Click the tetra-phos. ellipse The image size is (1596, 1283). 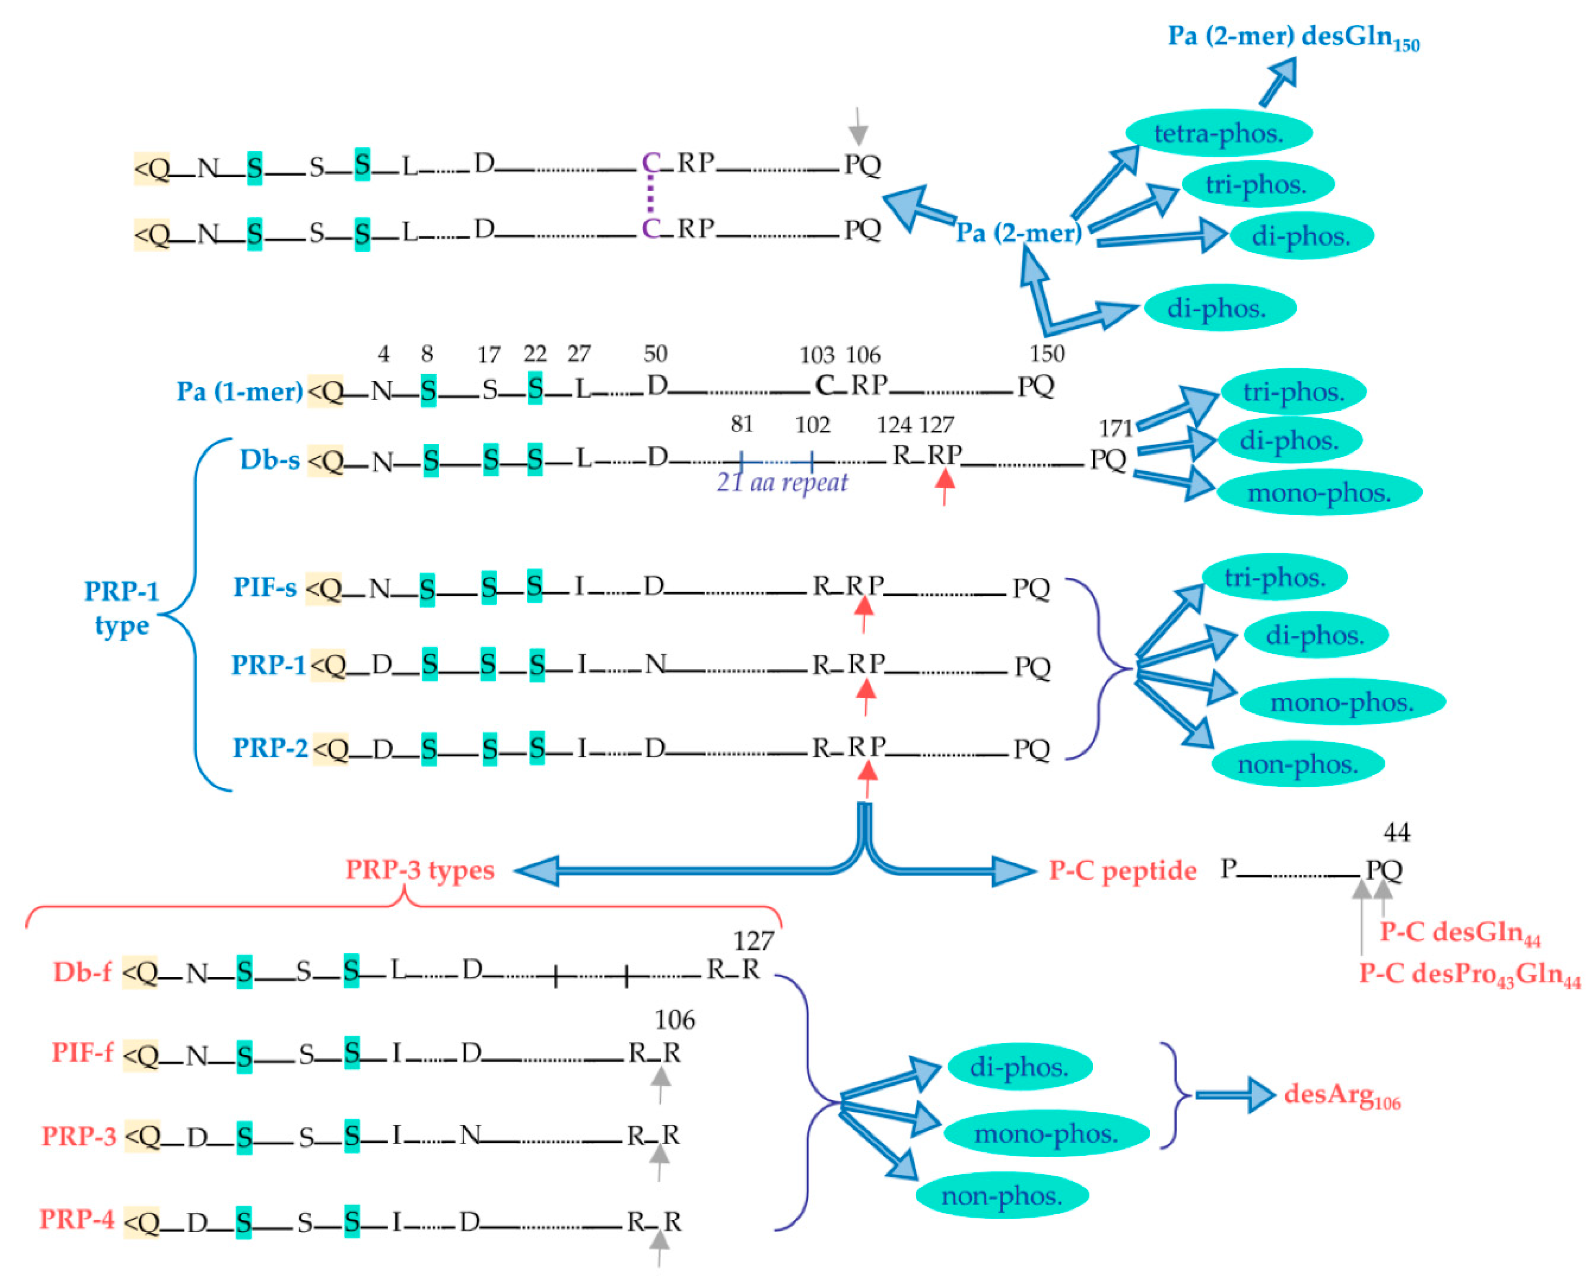(1219, 133)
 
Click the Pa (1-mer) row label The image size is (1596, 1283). (239, 391)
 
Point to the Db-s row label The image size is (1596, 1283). (269, 460)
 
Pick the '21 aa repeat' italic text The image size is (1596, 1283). (782, 483)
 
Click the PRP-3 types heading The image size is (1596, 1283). (420, 870)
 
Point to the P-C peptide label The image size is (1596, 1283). (1122, 871)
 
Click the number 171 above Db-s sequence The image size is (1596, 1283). (1115, 428)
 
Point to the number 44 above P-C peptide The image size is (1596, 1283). (1396, 833)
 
